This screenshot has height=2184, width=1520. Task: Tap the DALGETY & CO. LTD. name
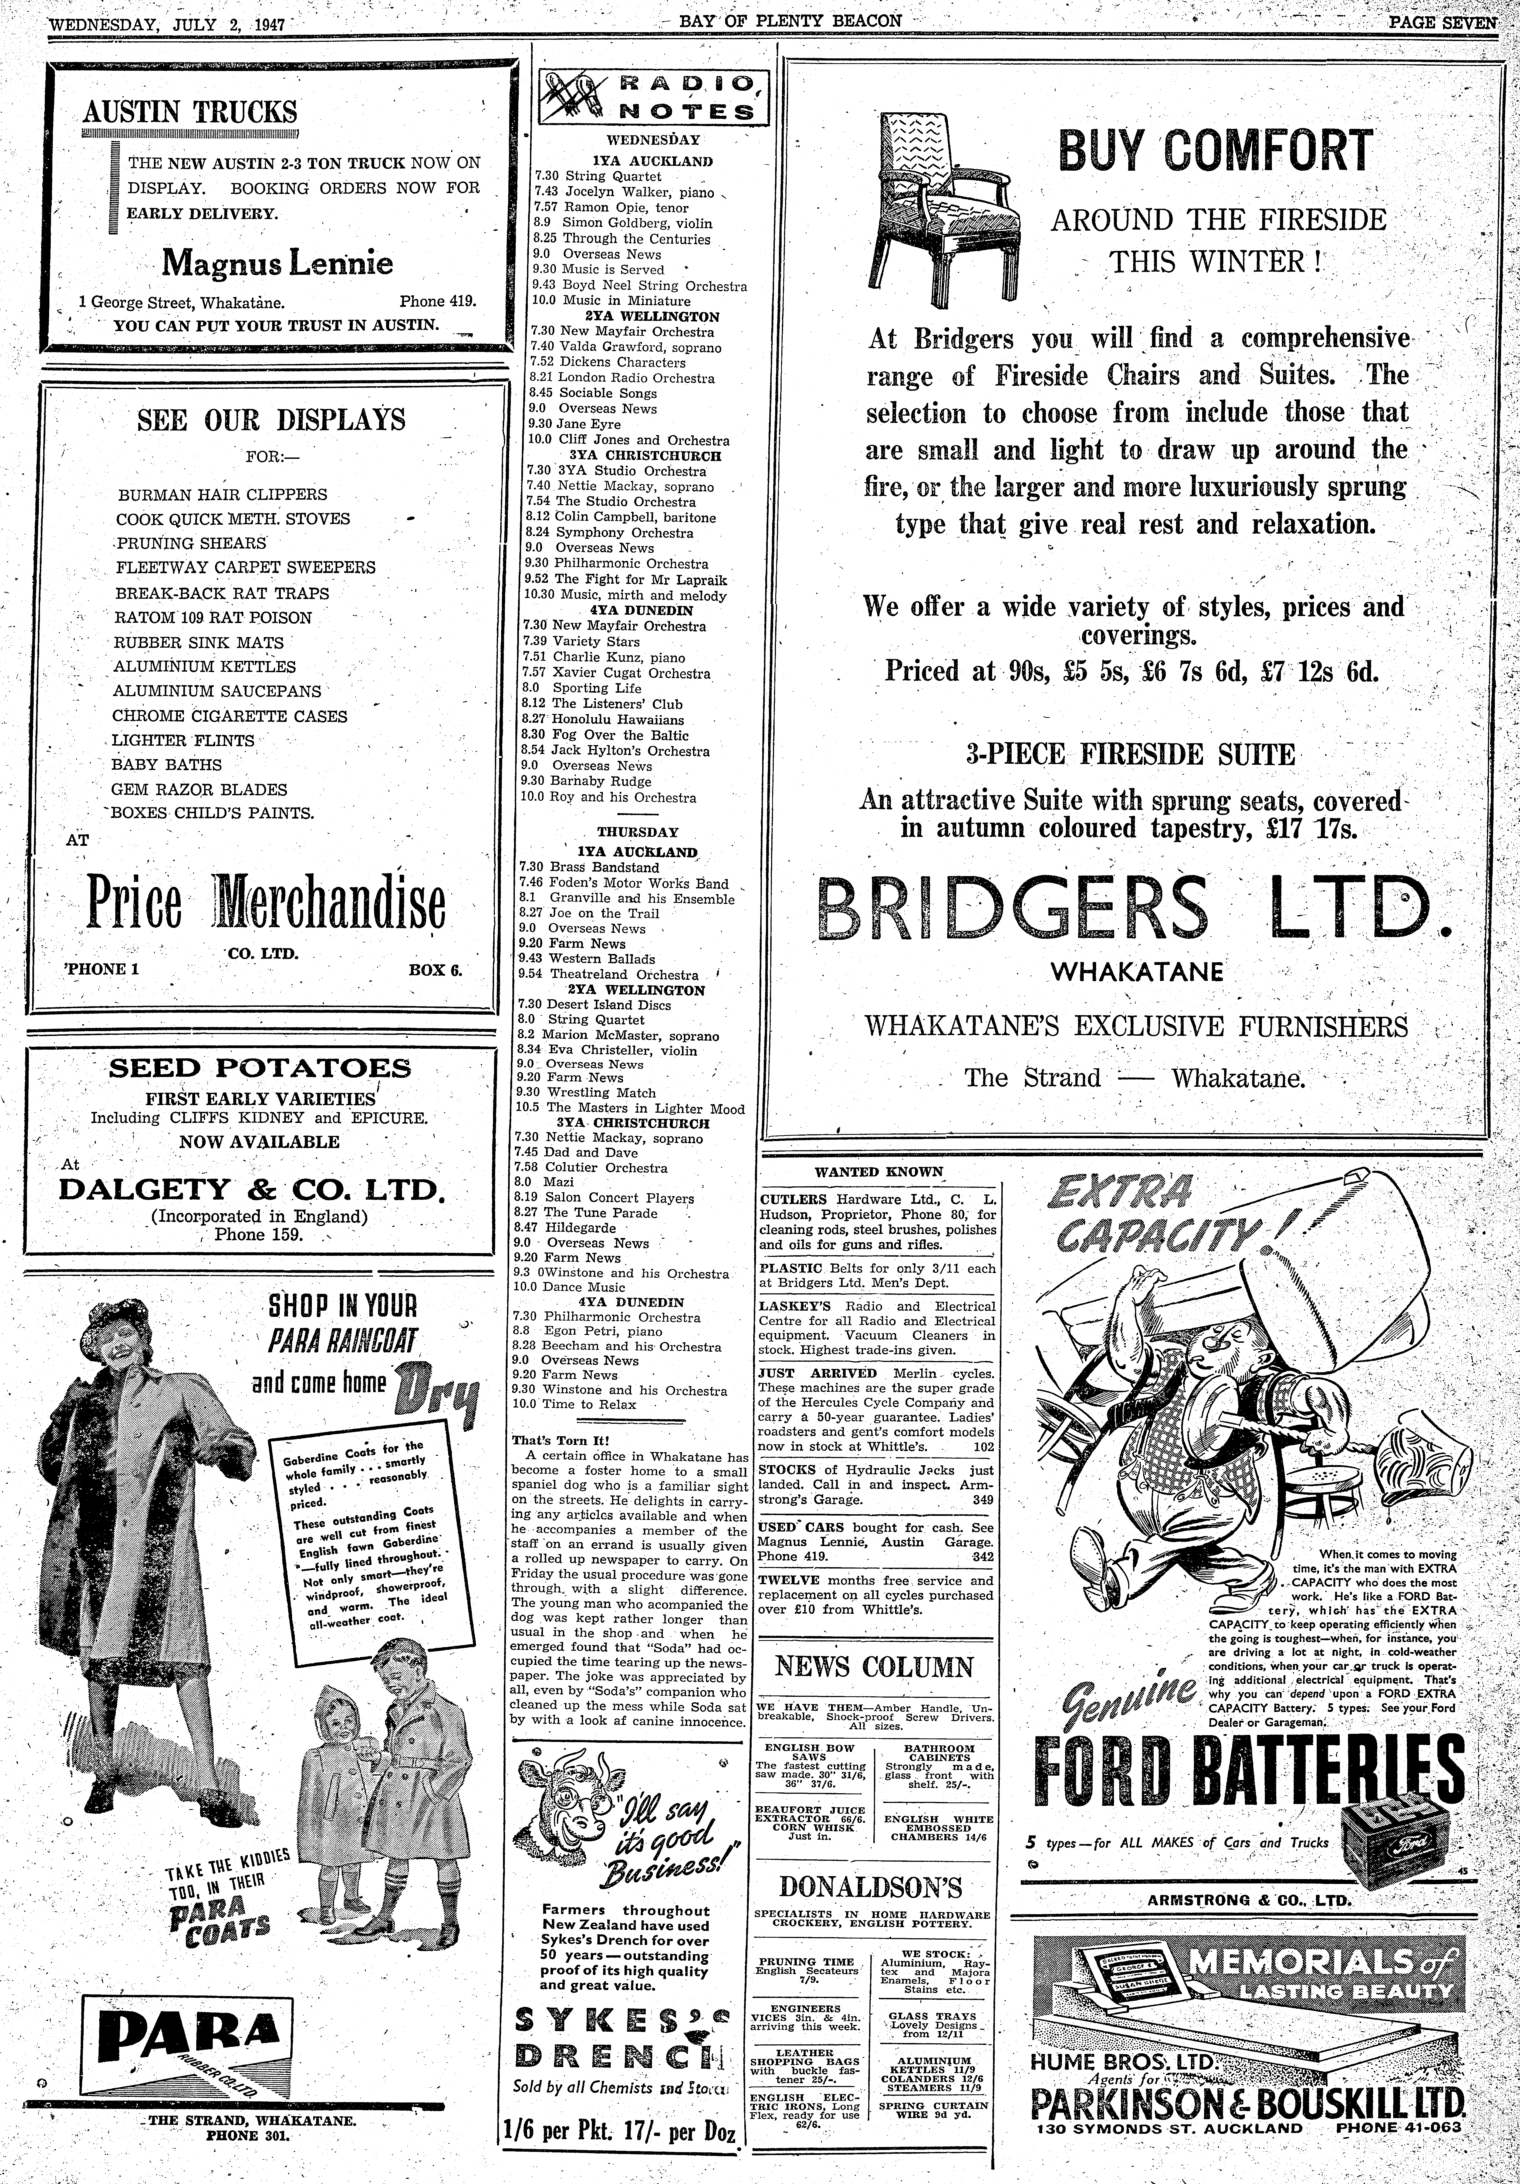[252, 1189]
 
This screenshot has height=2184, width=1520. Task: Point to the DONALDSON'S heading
[870, 1887]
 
